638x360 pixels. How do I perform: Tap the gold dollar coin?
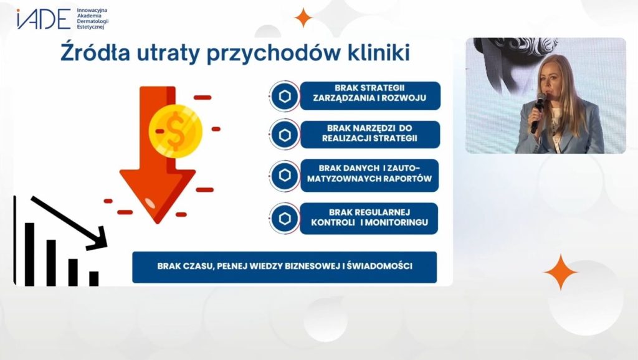(175, 131)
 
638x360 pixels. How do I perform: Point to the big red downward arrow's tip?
(158, 222)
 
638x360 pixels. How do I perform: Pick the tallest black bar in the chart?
(30, 254)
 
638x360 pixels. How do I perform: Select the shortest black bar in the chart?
(94, 278)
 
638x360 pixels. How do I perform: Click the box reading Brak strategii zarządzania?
(370, 95)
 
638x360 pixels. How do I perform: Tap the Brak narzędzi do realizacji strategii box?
(370, 135)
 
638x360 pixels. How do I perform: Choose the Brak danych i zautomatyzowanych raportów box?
(369, 175)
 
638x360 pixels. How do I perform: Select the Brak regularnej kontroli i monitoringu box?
(369, 219)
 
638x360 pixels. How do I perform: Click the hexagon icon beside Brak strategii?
(285, 97)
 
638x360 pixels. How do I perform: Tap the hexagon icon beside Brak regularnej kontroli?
(285, 219)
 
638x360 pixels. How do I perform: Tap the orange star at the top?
(303, 17)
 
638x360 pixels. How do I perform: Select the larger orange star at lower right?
(560, 272)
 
